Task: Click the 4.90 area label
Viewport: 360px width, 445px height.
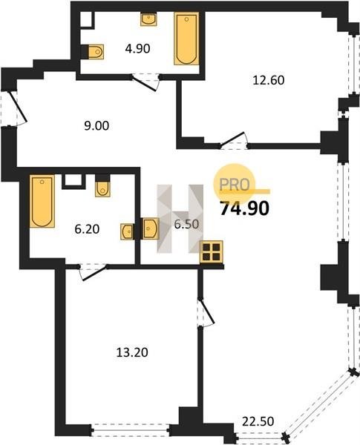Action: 137,49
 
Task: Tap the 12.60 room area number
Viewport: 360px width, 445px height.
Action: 269,80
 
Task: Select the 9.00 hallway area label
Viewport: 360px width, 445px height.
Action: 96,126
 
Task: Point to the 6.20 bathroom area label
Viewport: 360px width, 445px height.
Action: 87,229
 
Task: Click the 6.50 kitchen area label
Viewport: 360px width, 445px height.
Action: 186,225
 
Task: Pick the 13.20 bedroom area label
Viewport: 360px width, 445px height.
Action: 132,353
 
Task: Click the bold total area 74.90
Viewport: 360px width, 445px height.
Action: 245,209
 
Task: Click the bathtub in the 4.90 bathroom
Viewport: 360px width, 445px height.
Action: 186,39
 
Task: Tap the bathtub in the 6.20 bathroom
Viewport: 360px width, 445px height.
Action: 42,201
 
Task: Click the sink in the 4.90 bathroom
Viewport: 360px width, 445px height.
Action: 148,19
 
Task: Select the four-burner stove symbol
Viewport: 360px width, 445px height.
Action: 212,252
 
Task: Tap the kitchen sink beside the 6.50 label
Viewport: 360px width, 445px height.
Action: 151,228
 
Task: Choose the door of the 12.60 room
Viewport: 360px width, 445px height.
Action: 233,139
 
